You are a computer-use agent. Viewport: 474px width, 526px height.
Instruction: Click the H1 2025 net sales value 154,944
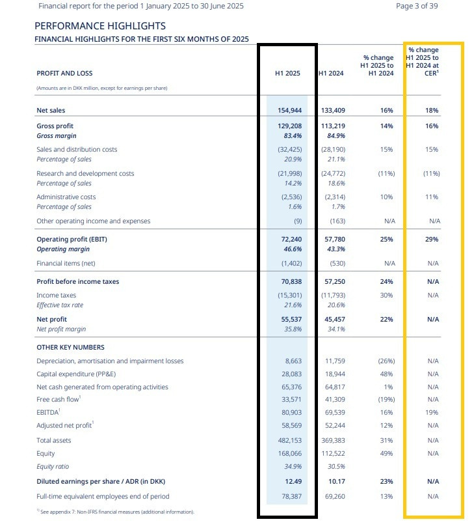(x=290, y=111)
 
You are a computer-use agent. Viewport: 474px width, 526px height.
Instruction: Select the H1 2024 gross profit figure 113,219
(x=333, y=126)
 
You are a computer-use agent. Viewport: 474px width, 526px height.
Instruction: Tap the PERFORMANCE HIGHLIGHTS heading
(x=100, y=26)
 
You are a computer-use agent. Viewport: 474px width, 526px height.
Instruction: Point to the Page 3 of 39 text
(x=417, y=6)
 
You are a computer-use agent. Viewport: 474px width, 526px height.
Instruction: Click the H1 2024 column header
(x=331, y=73)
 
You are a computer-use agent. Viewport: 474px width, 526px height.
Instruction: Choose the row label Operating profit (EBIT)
(x=72, y=239)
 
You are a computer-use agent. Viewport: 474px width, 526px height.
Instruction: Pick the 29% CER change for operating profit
(x=432, y=239)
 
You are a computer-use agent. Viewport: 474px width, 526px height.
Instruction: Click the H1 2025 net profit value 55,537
(x=291, y=320)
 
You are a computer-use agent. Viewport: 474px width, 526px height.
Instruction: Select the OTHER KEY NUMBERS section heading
(x=70, y=347)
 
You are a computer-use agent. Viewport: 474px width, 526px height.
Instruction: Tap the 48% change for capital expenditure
(x=387, y=374)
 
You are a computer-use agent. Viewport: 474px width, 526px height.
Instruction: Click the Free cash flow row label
(x=59, y=399)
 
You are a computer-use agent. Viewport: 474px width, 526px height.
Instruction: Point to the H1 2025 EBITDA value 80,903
(x=291, y=412)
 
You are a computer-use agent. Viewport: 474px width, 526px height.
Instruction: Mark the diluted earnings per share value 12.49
(x=293, y=481)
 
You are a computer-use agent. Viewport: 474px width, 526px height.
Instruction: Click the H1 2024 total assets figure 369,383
(x=333, y=441)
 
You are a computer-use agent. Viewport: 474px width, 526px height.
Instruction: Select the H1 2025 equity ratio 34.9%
(x=293, y=467)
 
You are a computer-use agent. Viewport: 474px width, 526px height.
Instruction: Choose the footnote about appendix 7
(x=115, y=512)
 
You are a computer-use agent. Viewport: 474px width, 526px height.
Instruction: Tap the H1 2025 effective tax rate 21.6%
(x=293, y=305)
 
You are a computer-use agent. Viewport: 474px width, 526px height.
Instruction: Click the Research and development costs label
(x=85, y=173)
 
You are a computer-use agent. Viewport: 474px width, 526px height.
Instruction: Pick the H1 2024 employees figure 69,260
(x=335, y=497)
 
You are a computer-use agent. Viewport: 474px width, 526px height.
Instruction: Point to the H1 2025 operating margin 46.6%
(x=293, y=249)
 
